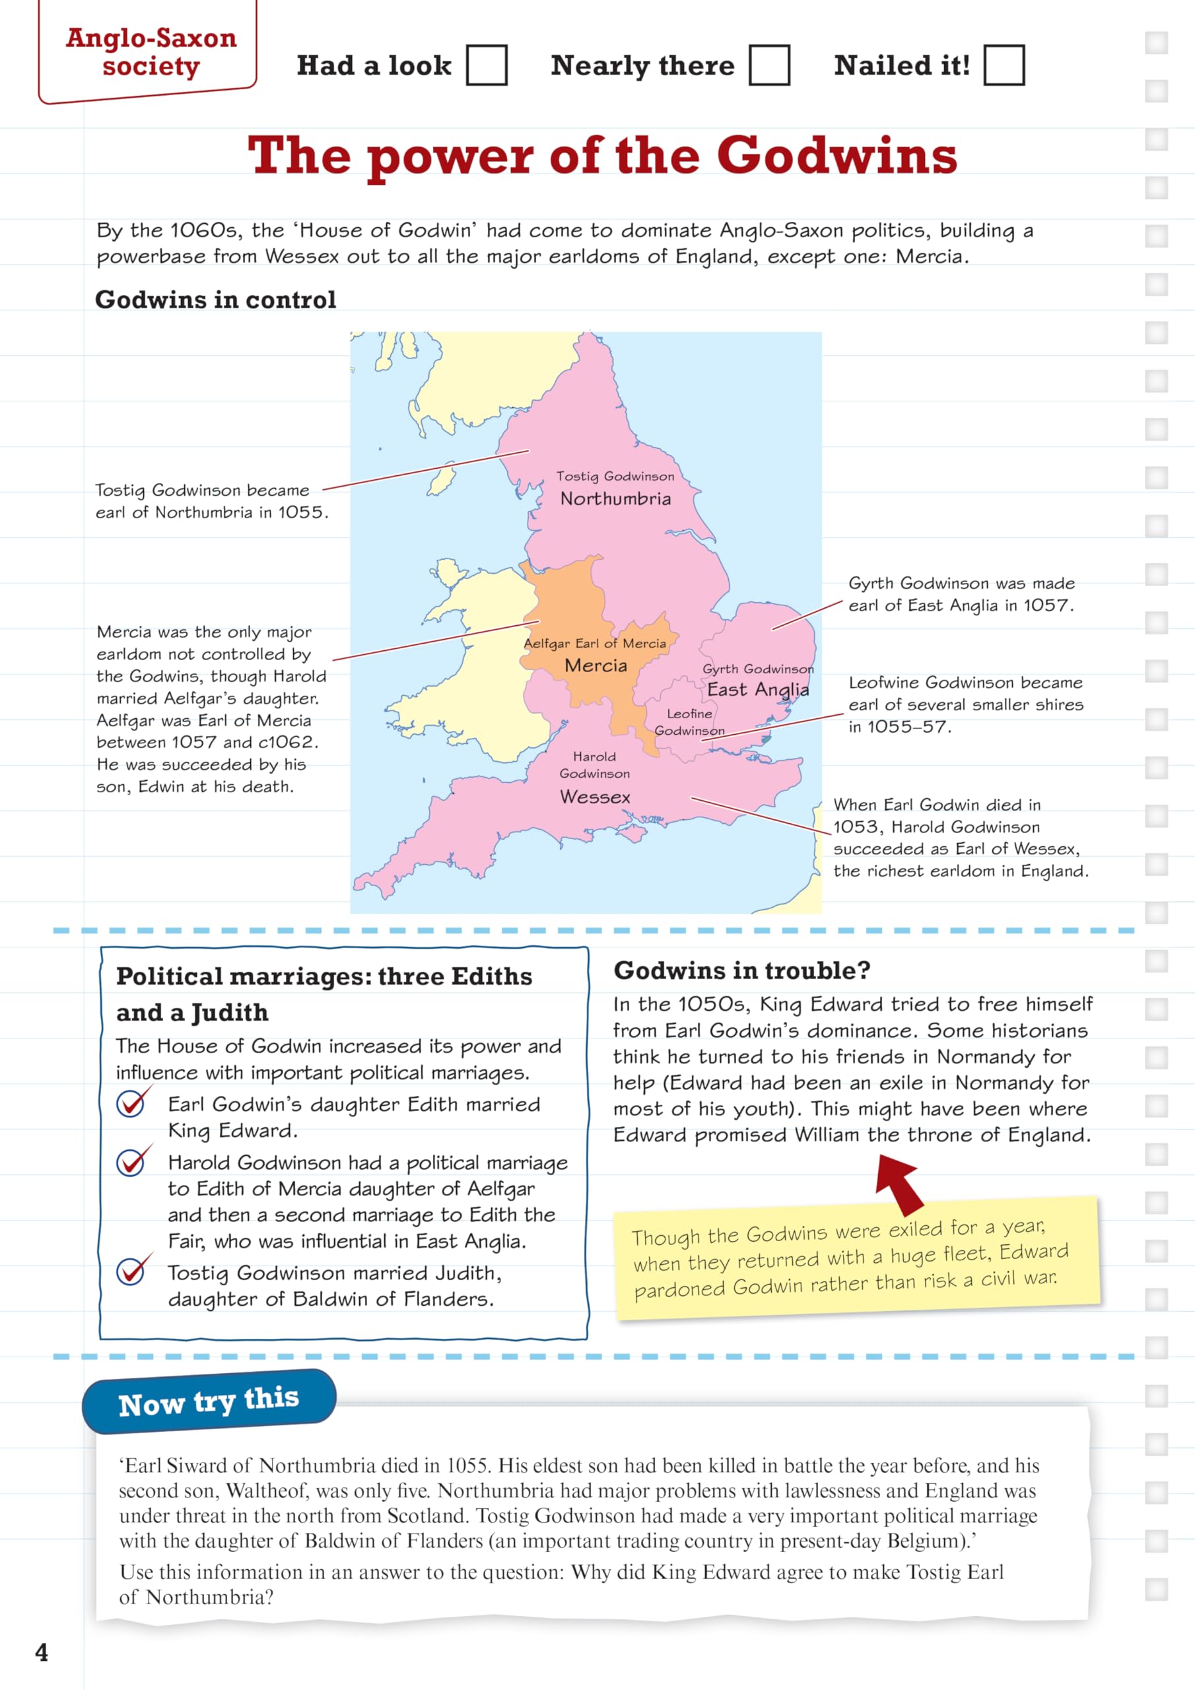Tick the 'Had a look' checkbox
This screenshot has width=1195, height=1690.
[x=487, y=65]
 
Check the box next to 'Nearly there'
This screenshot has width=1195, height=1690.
[x=769, y=65]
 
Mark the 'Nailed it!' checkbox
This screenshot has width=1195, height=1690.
[x=1004, y=65]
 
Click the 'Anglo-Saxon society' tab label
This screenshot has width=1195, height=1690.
[x=151, y=51]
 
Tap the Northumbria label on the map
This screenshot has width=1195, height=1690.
[x=615, y=499]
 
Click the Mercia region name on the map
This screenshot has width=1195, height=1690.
[x=596, y=665]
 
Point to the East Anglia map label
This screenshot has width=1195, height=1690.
[x=758, y=689]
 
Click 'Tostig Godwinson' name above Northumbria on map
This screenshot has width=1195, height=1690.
[x=615, y=476]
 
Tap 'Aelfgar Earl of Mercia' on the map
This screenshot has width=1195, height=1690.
[x=594, y=643]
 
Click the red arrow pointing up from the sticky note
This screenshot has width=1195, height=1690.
[x=899, y=1183]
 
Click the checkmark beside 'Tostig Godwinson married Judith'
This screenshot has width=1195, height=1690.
[x=133, y=1270]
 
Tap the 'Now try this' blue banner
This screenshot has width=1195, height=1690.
[x=209, y=1402]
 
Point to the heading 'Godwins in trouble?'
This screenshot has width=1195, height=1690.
[x=741, y=970]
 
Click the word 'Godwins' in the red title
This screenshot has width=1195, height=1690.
[x=836, y=156]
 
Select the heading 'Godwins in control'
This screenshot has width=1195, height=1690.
[x=216, y=300]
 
